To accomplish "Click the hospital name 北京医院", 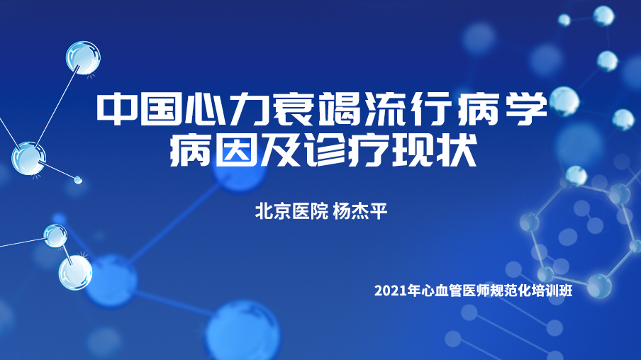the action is (291, 211).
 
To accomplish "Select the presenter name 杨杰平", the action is (359, 211).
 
